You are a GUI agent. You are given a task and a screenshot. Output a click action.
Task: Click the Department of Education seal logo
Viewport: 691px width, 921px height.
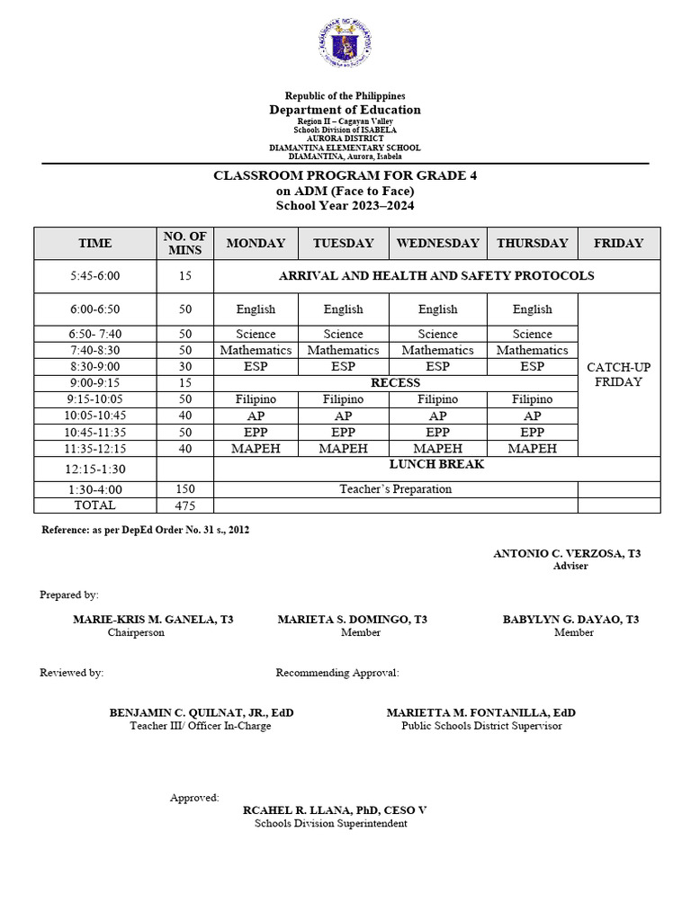pyautogui.click(x=345, y=43)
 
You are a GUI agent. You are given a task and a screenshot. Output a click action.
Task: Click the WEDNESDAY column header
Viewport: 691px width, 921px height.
pyautogui.click(x=437, y=243)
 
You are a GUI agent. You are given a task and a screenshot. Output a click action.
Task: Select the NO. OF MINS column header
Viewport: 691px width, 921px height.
pyautogui.click(x=185, y=243)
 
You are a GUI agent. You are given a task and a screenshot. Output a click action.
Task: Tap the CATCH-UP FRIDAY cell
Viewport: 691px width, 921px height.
pyautogui.click(x=619, y=374)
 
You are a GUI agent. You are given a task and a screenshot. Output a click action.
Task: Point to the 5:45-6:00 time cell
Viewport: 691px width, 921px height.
pyautogui.click(x=95, y=276)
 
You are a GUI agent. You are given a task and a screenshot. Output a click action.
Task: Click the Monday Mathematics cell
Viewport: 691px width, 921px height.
pyautogui.click(x=256, y=350)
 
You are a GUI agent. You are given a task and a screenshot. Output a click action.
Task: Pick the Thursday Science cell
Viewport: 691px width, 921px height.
pyautogui.click(x=532, y=334)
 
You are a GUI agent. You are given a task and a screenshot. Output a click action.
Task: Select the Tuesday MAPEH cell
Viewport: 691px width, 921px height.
pyautogui.click(x=343, y=448)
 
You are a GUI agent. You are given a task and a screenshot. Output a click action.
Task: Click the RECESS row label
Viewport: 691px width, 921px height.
pyautogui.click(x=395, y=382)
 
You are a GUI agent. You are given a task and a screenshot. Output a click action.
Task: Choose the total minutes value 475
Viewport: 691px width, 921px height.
pyautogui.click(x=185, y=505)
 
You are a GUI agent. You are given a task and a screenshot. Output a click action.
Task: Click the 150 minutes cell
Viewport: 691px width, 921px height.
pyautogui.click(x=185, y=489)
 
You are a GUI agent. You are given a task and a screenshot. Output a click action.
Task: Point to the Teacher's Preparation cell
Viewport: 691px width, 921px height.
pyautogui.click(x=395, y=489)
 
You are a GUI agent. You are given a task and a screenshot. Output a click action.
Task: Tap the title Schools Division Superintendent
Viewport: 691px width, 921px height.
pyautogui.click(x=330, y=823)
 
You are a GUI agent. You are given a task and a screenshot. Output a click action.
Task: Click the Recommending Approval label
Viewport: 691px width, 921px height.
pyautogui.click(x=337, y=672)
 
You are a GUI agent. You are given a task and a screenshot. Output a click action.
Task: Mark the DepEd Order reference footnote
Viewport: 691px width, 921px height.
pyautogui.click(x=146, y=530)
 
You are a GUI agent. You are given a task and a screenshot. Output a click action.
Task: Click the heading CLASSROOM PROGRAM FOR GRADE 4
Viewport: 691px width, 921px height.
pyautogui.click(x=345, y=175)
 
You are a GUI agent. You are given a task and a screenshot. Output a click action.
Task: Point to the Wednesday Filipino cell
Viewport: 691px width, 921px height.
pyautogui.click(x=437, y=398)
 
